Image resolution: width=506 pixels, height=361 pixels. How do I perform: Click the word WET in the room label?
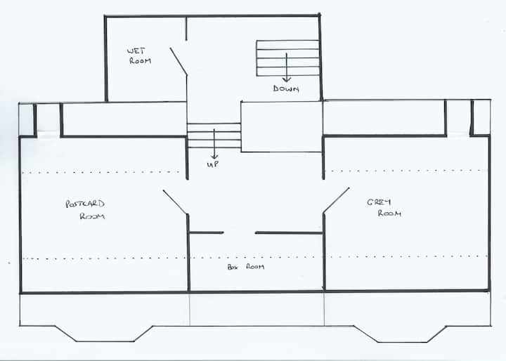click(x=136, y=51)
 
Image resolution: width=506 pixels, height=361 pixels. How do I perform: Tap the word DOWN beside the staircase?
click(x=286, y=88)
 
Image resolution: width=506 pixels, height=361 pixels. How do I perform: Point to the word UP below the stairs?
click(x=213, y=164)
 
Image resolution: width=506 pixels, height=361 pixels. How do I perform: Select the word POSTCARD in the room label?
click(x=85, y=204)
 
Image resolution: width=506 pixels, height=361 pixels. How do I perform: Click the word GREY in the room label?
click(x=379, y=202)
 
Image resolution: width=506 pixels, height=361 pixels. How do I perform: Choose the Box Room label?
click(x=246, y=267)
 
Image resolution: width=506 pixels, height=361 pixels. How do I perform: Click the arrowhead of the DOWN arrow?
click(x=287, y=79)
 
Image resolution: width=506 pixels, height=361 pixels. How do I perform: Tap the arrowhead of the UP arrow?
click(x=214, y=157)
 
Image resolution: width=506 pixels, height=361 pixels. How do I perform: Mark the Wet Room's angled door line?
click(x=179, y=62)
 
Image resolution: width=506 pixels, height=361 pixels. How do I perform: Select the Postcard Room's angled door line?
click(x=175, y=202)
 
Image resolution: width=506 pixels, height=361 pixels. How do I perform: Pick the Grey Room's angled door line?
click(x=336, y=200)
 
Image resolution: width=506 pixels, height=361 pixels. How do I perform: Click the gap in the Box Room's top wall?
click(x=239, y=232)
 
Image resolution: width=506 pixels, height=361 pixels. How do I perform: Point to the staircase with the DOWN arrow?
click(x=287, y=58)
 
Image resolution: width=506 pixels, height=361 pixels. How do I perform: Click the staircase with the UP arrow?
click(x=214, y=136)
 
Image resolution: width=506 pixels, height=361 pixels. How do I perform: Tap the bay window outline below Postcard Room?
click(x=105, y=334)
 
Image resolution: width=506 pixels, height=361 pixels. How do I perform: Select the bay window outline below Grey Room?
click(x=400, y=334)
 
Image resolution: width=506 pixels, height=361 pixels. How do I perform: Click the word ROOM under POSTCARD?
click(x=92, y=216)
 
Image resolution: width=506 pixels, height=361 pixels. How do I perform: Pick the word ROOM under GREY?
click(x=389, y=214)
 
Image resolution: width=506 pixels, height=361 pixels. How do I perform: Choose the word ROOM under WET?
click(x=140, y=60)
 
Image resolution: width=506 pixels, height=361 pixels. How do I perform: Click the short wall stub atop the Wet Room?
click(x=186, y=28)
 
